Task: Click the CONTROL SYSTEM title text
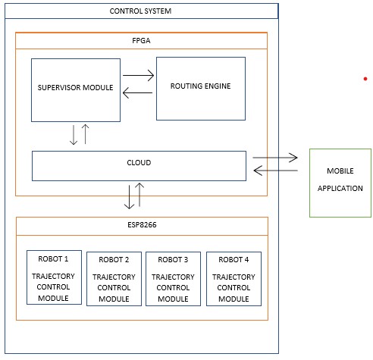tap(140, 11)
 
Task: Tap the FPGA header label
tap(141, 41)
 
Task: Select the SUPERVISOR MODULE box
tap(76, 90)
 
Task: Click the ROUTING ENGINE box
tap(201, 89)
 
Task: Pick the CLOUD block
tap(139, 166)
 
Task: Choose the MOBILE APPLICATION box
tap(340, 183)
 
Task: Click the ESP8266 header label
tap(142, 225)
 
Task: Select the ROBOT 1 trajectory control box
tap(54, 277)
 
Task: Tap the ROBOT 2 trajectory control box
tap(114, 279)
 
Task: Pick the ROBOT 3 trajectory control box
tap(173, 279)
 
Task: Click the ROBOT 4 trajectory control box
tap(234, 279)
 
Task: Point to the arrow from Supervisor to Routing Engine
tap(138, 75)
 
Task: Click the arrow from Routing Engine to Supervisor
tap(137, 92)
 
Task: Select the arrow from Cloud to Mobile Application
tap(275, 158)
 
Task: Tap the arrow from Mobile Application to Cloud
tap(275, 171)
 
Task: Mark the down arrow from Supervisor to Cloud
tap(74, 135)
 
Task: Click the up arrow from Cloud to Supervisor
tap(86, 134)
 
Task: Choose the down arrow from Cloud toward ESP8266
tap(130, 197)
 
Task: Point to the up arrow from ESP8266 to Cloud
tap(139, 195)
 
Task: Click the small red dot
tap(365, 79)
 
